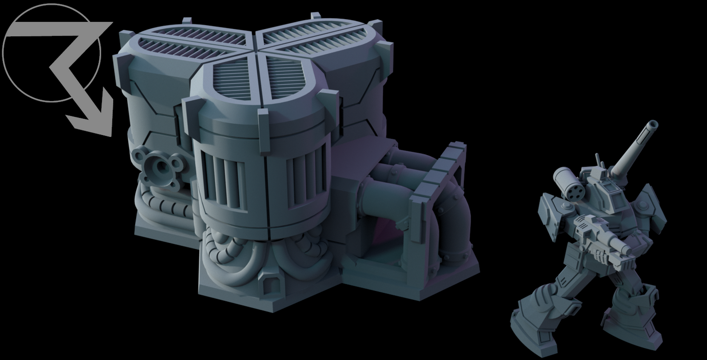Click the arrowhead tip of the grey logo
(x=108, y=135)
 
